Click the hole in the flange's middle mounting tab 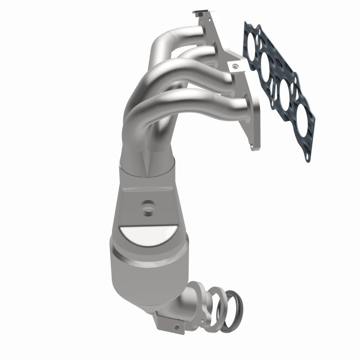(233, 67)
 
